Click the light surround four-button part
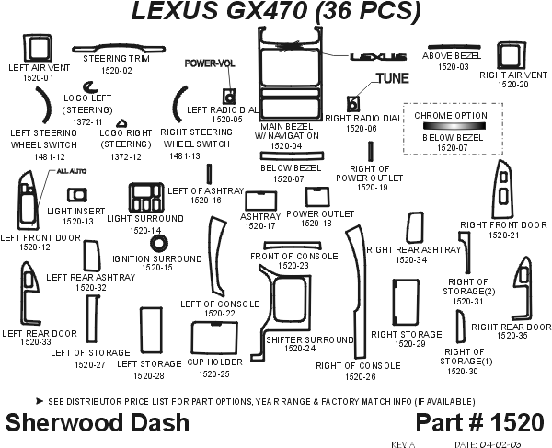(144, 197)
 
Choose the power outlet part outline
(316, 196)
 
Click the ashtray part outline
(258, 201)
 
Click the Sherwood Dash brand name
(98, 423)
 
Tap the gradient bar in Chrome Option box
(450, 125)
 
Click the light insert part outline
(77, 195)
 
